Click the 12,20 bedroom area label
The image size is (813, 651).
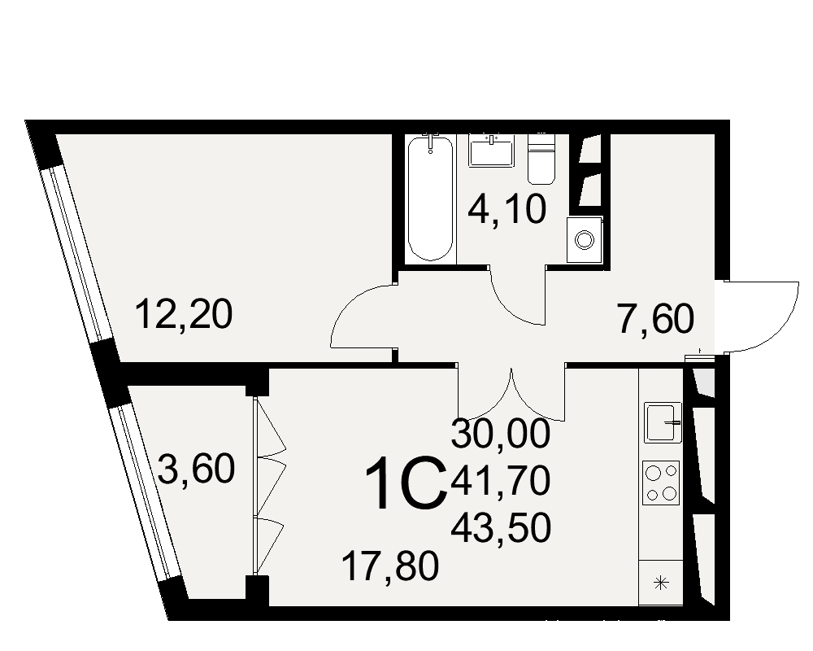pyautogui.click(x=184, y=315)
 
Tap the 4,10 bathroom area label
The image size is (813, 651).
pyautogui.click(x=507, y=210)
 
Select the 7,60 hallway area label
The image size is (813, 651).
pyautogui.click(x=654, y=319)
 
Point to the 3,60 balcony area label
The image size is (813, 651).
pyautogui.click(x=196, y=469)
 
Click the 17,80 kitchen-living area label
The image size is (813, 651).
pyautogui.click(x=390, y=566)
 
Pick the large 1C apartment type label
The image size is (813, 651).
pyautogui.click(x=406, y=483)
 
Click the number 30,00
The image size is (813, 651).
pyautogui.click(x=500, y=434)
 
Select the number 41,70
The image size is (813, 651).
pyautogui.click(x=500, y=480)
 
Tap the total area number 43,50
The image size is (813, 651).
pyautogui.click(x=500, y=528)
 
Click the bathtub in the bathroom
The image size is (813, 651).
pyautogui.click(x=430, y=198)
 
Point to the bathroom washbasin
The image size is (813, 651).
pyautogui.click(x=490, y=151)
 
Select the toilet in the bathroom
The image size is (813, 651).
pyautogui.click(x=541, y=159)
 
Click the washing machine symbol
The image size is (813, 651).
pyautogui.click(x=585, y=239)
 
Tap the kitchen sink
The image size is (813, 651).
pyautogui.click(x=663, y=422)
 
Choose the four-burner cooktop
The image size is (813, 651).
pyautogui.click(x=661, y=483)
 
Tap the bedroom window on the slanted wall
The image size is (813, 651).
pyautogui.click(x=78, y=252)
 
